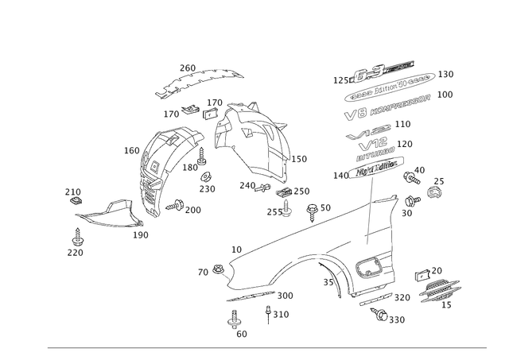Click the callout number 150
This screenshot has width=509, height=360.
(447, 75)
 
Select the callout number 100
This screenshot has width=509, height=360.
(446, 95)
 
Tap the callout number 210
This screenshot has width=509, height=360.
(400, 124)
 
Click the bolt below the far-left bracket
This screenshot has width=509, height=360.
(77, 235)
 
